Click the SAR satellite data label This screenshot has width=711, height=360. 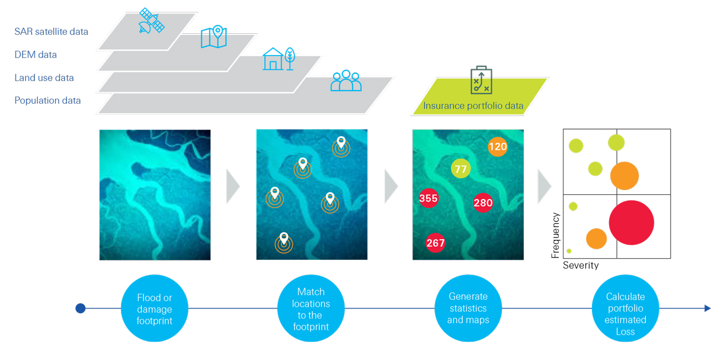(51, 31)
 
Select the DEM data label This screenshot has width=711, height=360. (36, 54)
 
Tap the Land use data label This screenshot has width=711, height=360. (44, 78)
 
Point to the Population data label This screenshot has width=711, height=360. (47, 101)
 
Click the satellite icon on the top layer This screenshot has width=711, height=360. (150, 21)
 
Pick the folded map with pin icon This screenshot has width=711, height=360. (214, 37)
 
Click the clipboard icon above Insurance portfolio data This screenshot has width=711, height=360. (481, 80)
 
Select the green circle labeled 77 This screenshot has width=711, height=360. (461, 169)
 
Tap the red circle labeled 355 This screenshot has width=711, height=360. (428, 198)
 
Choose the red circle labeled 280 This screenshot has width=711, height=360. (483, 203)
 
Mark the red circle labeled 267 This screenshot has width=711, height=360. (435, 243)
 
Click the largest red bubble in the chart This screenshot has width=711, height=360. (631, 223)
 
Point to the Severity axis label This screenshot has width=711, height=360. (580, 265)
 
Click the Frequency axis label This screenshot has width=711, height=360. (555, 235)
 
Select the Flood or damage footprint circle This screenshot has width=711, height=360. (154, 308)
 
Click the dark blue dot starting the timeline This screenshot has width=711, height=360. (81, 308)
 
